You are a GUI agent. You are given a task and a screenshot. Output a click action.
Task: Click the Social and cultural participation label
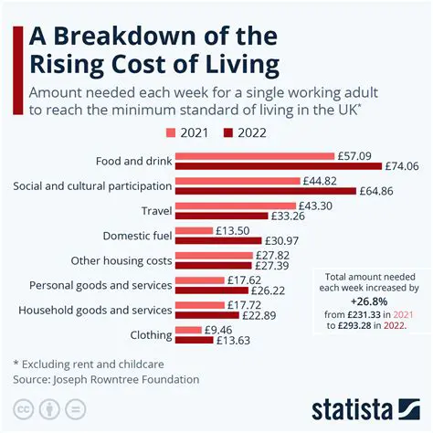[x=92, y=185]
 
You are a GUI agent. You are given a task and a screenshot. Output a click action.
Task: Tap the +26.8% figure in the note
[x=371, y=300]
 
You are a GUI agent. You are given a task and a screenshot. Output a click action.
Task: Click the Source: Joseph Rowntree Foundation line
[x=106, y=378]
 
